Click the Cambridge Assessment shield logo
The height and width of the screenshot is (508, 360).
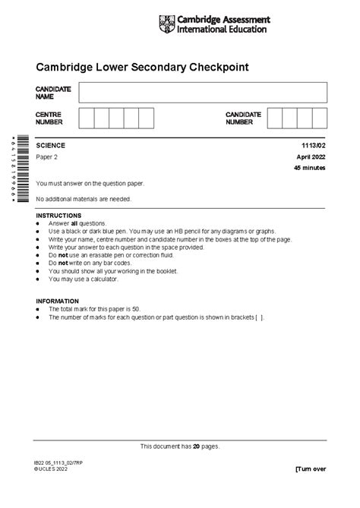pos(166,24)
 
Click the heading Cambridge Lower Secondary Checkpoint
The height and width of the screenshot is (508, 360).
pos(142,68)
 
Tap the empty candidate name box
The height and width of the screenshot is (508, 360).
pos(202,93)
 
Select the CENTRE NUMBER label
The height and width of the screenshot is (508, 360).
pos(49,118)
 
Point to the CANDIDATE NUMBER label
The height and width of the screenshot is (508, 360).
pos(243,118)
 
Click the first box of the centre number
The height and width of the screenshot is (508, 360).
pos(86,118)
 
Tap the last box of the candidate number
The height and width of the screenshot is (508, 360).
pos(319,118)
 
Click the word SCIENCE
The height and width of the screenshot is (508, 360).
pos(51,145)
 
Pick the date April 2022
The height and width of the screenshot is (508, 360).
pos(311,156)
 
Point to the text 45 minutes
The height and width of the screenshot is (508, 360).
pos(311,168)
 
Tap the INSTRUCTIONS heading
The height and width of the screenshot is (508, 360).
pos(60,216)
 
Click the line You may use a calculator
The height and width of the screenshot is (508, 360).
pos(84,279)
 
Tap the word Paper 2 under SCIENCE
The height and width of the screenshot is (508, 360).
pos(47,156)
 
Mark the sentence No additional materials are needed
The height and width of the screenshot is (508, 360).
pos(84,199)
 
